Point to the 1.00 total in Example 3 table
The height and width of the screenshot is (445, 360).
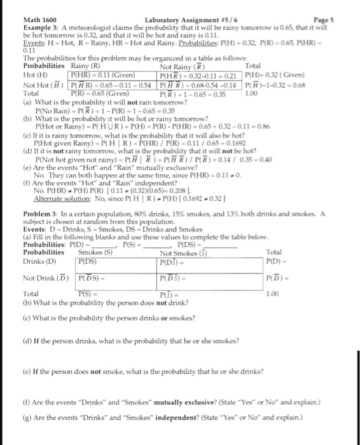(x=251, y=93)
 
